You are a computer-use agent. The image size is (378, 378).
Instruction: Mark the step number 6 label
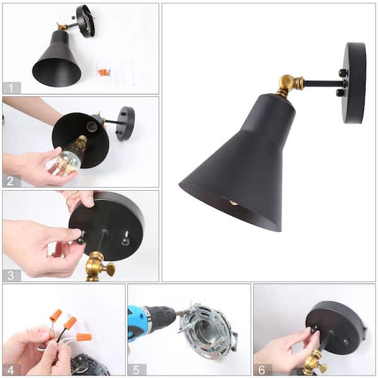pos(262,369)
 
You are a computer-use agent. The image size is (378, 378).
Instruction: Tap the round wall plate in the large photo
pos(354,83)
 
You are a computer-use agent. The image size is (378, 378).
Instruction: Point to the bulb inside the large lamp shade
pos(234,203)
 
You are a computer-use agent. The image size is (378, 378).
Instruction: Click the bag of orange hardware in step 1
pos(104,71)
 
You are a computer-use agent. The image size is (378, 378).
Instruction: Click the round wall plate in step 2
pos(125,123)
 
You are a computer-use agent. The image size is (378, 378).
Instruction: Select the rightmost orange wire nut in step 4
pos(83,337)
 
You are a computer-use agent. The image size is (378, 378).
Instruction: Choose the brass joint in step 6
pos(313,365)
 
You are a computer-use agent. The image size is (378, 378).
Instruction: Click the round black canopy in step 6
pos(336,325)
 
